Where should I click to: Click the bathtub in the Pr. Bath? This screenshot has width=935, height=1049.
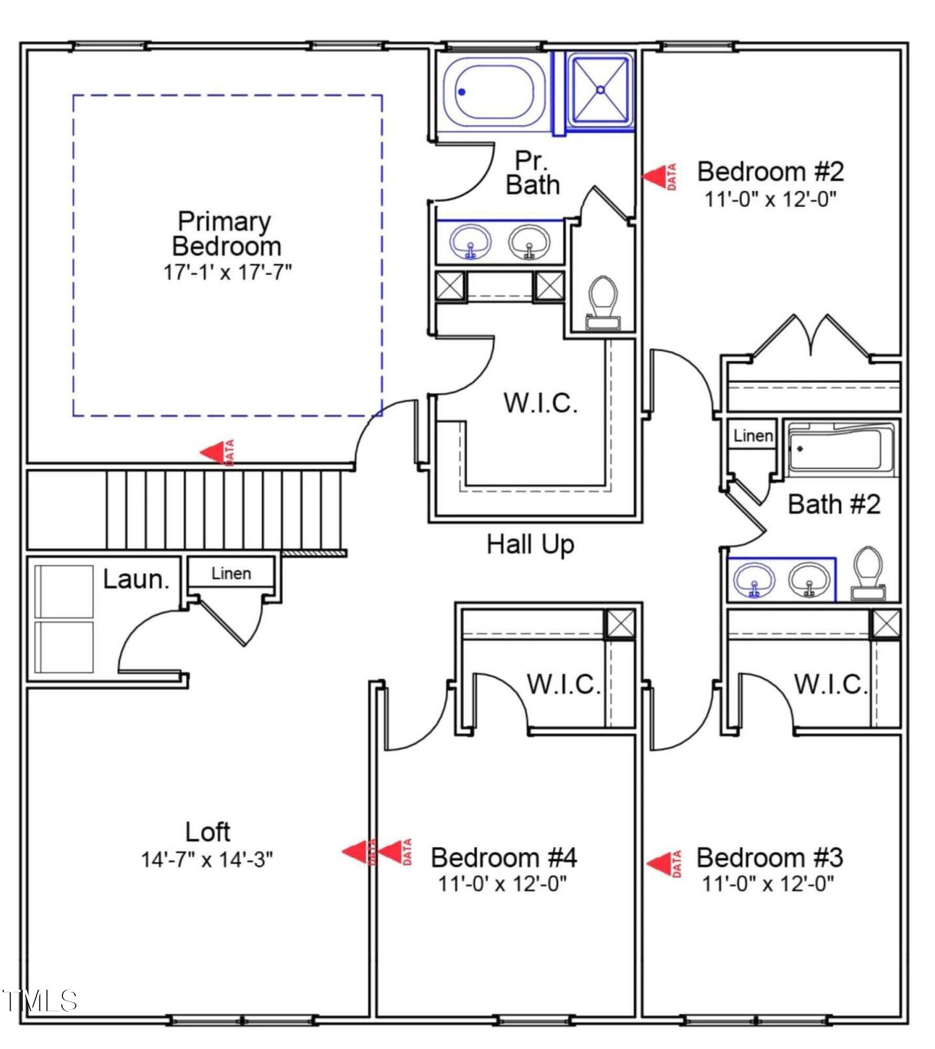click(493, 92)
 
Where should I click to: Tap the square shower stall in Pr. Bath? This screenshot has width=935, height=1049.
click(600, 90)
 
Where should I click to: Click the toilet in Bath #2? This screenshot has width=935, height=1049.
click(868, 573)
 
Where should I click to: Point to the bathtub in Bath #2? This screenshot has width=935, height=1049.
click(841, 449)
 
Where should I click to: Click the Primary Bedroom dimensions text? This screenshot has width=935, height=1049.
click(227, 272)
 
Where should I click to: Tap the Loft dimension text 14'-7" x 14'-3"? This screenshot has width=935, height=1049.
click(207, 860)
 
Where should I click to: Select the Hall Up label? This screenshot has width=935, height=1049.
click(530, 545)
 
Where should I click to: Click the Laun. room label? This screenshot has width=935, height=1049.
click(136, 579)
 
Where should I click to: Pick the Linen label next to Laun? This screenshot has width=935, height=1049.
click(231, 573)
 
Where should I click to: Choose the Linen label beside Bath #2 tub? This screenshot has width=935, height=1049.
click(753, 435)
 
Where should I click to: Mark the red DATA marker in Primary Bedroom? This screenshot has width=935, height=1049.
click(217, 452)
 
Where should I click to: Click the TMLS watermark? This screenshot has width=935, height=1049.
click(40, 1001)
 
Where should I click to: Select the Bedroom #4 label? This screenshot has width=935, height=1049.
click(504, 858)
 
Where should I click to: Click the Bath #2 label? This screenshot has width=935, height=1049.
click(834, 504)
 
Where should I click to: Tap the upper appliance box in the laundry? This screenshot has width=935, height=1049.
click(64, 591)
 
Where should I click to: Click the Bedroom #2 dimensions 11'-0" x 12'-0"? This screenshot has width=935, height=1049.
click(770, 199)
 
